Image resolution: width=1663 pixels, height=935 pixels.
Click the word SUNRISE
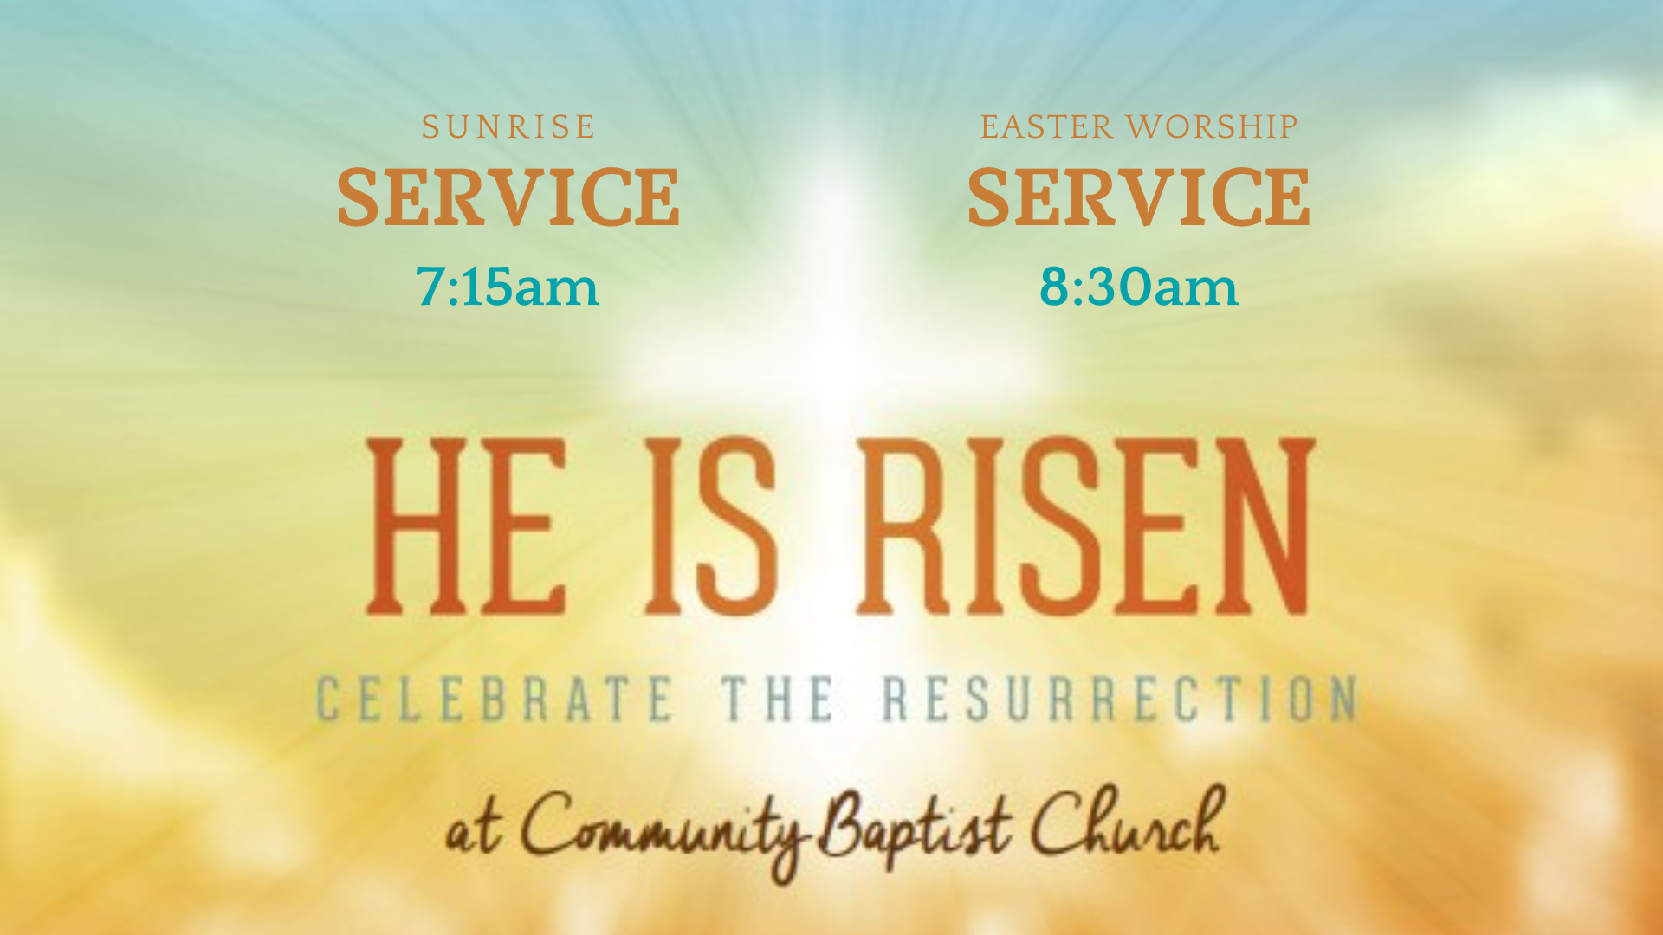(x=508, y=127)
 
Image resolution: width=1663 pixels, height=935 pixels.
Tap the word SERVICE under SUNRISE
(x=508, y=197)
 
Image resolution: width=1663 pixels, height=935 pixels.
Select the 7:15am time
(x=508, y=287)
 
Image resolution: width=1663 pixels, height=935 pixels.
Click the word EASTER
(x=1046, y=127)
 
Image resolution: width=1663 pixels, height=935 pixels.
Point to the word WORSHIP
(x=1213, y=127)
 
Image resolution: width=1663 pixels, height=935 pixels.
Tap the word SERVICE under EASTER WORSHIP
(x=1138, y=197)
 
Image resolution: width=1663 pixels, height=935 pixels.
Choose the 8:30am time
(x=1139, y=287)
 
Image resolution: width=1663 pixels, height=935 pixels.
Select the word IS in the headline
(x=710, y=526)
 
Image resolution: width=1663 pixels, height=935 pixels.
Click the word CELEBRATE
(x=495, y=699)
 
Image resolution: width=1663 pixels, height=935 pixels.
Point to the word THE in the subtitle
(x=778, y=699)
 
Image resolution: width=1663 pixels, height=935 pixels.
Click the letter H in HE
(x=418, y=526)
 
